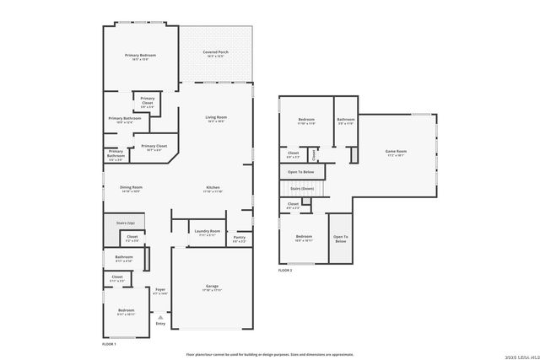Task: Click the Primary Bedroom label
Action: tap(142, 56)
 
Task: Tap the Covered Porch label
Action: tap(215, 52)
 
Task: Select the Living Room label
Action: tap(216, 117)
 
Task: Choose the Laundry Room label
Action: tap(207, 231)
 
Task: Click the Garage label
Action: tap(212, 286)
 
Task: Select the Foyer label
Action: tap(159, 289)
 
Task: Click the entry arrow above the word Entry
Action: tap(160, 316)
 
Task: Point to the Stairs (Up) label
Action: tap(125, 222)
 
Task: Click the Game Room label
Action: tap(397, 151)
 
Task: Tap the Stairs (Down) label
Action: tap(302, 190)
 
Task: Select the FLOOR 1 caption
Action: tap(109, 344)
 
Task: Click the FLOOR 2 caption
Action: tap(285, 271)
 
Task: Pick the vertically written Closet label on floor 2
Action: tap(314, 154)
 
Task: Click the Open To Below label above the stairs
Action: tap(301, 171)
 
